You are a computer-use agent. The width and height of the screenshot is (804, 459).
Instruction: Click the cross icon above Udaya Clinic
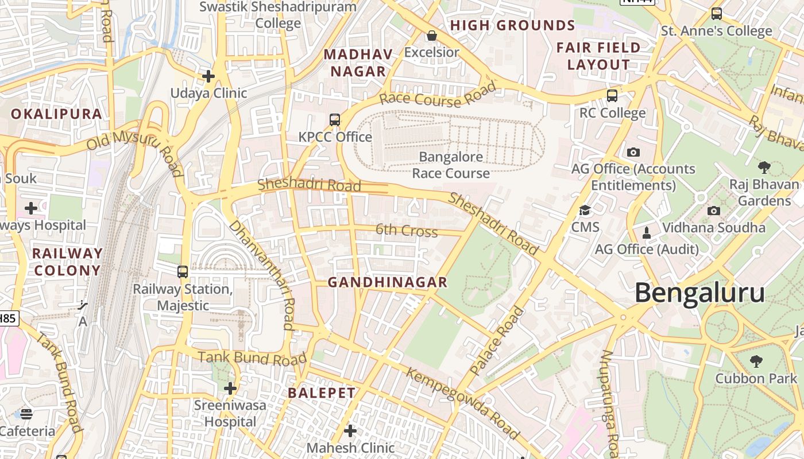pos(208,76)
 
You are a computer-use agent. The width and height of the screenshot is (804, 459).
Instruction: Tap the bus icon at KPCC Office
pos(335,120)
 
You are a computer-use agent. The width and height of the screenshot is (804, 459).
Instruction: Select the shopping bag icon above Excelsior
pos(432,36)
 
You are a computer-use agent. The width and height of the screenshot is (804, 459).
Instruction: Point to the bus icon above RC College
pos(612,95)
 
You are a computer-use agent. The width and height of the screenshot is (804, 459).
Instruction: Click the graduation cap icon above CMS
pos(585,210)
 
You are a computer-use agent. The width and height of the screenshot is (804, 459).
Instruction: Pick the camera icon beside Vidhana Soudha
pos(714,211)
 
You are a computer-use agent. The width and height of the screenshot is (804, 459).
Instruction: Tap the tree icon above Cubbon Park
pos(756,361)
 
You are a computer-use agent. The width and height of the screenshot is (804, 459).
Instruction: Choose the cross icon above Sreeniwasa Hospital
pos(230,388)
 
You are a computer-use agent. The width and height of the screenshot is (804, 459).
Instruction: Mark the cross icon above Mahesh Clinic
pos(350,430)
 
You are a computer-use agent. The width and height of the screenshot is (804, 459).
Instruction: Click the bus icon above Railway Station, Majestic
pos(183,271)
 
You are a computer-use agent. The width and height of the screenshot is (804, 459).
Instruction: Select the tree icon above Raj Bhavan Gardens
pos(764,168)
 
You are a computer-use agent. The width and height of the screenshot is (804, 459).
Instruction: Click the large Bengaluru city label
pos(699,293)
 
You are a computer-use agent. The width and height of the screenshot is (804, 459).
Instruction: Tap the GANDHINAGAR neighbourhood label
pos(387,282)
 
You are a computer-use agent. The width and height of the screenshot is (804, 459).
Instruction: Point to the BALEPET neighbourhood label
pos(322,393)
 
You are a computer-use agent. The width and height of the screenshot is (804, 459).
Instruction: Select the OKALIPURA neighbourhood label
pos(56,114)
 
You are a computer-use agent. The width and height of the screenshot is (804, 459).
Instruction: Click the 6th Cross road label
pos(407,231)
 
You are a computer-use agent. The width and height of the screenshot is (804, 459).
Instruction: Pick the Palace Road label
pos(497,341)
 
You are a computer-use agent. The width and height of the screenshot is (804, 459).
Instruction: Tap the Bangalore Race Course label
pos(451,165)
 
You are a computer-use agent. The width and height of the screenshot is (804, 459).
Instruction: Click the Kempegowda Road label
pos(463,403)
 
